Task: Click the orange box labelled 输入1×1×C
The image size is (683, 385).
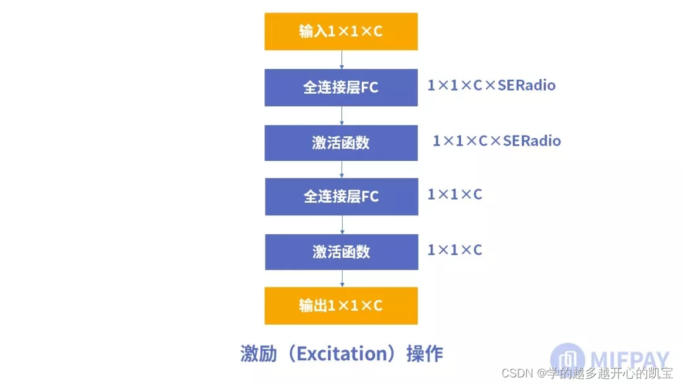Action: tap(341, 31)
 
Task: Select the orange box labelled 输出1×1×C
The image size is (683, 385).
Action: tap(341, 305)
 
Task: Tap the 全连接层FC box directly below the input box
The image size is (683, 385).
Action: tap(341, 87)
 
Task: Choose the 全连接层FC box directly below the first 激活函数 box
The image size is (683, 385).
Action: tap(341, 196)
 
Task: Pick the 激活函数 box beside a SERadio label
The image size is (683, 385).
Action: tap(341, 142)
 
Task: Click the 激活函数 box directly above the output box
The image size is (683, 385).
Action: tap(341, 252)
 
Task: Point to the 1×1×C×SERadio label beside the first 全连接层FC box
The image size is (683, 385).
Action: tap(491, 85)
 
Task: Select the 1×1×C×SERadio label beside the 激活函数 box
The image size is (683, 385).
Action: tap(496, 141)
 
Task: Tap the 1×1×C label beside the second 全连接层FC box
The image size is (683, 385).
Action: tap(455, 194)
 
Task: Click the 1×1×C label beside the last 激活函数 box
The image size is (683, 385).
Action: tap(455, 250)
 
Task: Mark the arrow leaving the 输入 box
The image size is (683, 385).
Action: tap(341, 60)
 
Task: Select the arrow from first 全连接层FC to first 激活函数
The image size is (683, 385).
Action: tap(341, 115)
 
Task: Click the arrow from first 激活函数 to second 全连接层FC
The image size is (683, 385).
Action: tap(341, 169)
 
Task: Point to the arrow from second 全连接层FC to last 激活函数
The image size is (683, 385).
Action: tap(341, 224)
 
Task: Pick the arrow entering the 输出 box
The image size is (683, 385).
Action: tap(341, 279)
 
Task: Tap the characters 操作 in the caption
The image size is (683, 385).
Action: tap(425, 353)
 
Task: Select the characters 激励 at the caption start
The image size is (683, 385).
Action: tap(258, 353)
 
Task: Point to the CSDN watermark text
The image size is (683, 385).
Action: tap(516, 373)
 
